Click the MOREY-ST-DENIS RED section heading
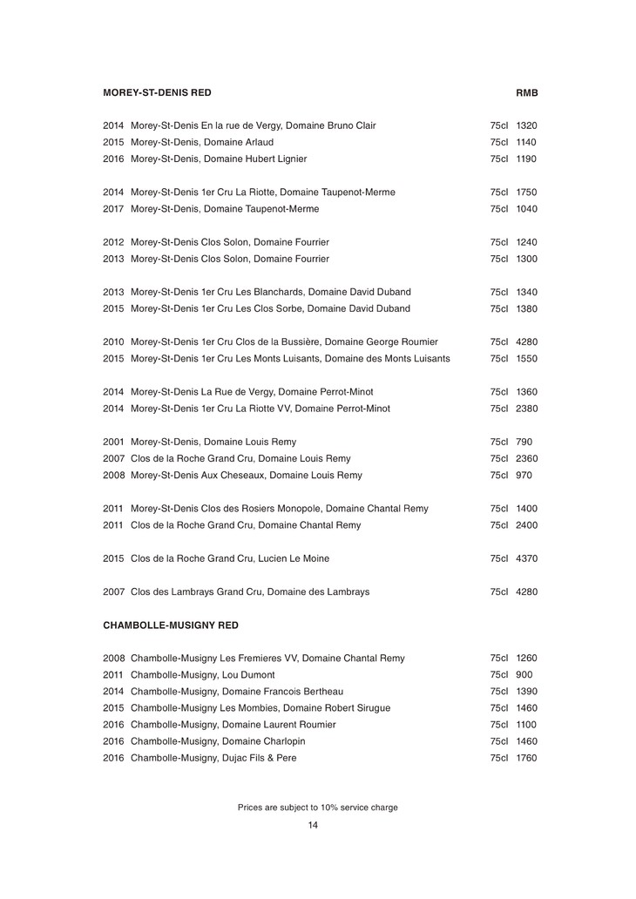pyautogui.click(x=157, y=91)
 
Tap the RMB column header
pyautogui.click(x=527, y=91)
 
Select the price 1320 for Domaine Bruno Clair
pyautogui.click(x=526, y=125)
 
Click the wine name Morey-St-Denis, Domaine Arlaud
pyautogui.click(x=202, y=142)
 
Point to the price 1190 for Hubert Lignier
pyautogui.click(x=526, y=159)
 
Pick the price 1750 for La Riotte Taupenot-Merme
pyautogui.click(x=526, y=192)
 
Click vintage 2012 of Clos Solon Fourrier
pyautogui.click(x=114, y=242)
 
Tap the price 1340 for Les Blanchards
pyautogui.click(x=526, y=292)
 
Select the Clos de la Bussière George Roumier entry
pyautogui.click(x=284, y=341)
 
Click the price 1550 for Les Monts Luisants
pyautogui.click(x=526, y=358)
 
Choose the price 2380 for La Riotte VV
pyautogui.click(x=526, y=408)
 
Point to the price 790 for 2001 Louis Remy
pyautogui.click(x=524, y=442)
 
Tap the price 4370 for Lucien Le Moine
pyautogui.click(x=526, y=558)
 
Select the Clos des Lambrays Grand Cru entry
pyautogui.click(x=250, y=591)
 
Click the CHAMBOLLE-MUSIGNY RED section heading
pyautogui.click(x=170, y=625)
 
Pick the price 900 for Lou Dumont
pyautogui.click(x=524, y=674)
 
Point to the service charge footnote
pyautogui.click(x=318, y=808)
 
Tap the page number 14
pyautogui.click(x=313, y=825)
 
